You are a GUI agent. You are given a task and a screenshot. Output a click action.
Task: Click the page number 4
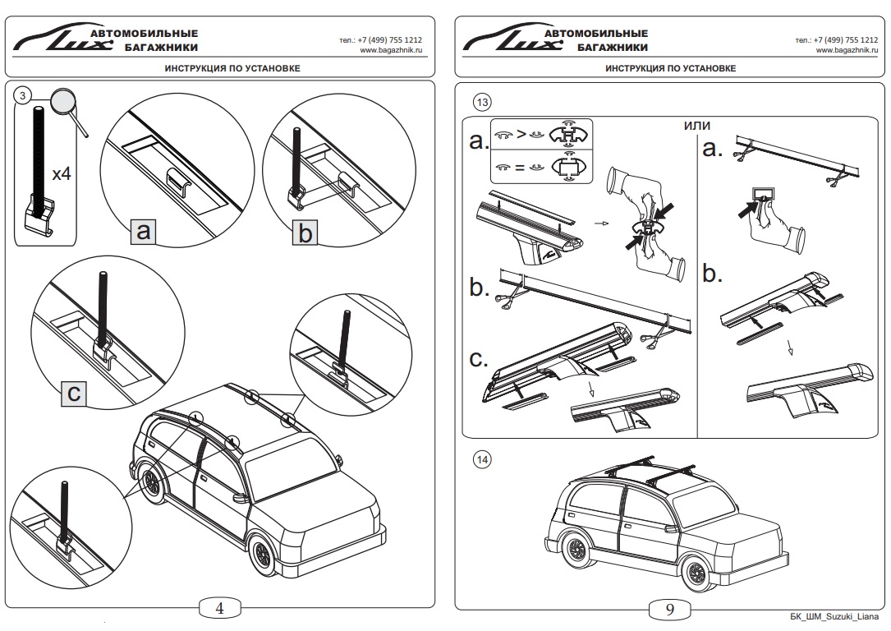tap(220, 608)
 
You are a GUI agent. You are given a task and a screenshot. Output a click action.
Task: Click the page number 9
tap(669, 609)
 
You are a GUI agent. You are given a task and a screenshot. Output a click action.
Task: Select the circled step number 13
tap(482, 102)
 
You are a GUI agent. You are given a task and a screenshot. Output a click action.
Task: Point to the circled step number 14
tap(482, 460)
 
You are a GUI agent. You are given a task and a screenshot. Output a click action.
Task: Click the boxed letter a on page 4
tap(144, 233)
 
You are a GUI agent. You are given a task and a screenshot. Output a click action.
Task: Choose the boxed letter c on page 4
tap(74, 394)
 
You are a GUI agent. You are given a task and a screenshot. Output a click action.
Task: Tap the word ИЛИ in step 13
tap(696, 125)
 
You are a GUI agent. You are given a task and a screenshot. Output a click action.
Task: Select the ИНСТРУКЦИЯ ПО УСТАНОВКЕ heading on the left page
tap(220, 68)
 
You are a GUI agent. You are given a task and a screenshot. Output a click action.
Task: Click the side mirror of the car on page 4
tap(241, 496)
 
